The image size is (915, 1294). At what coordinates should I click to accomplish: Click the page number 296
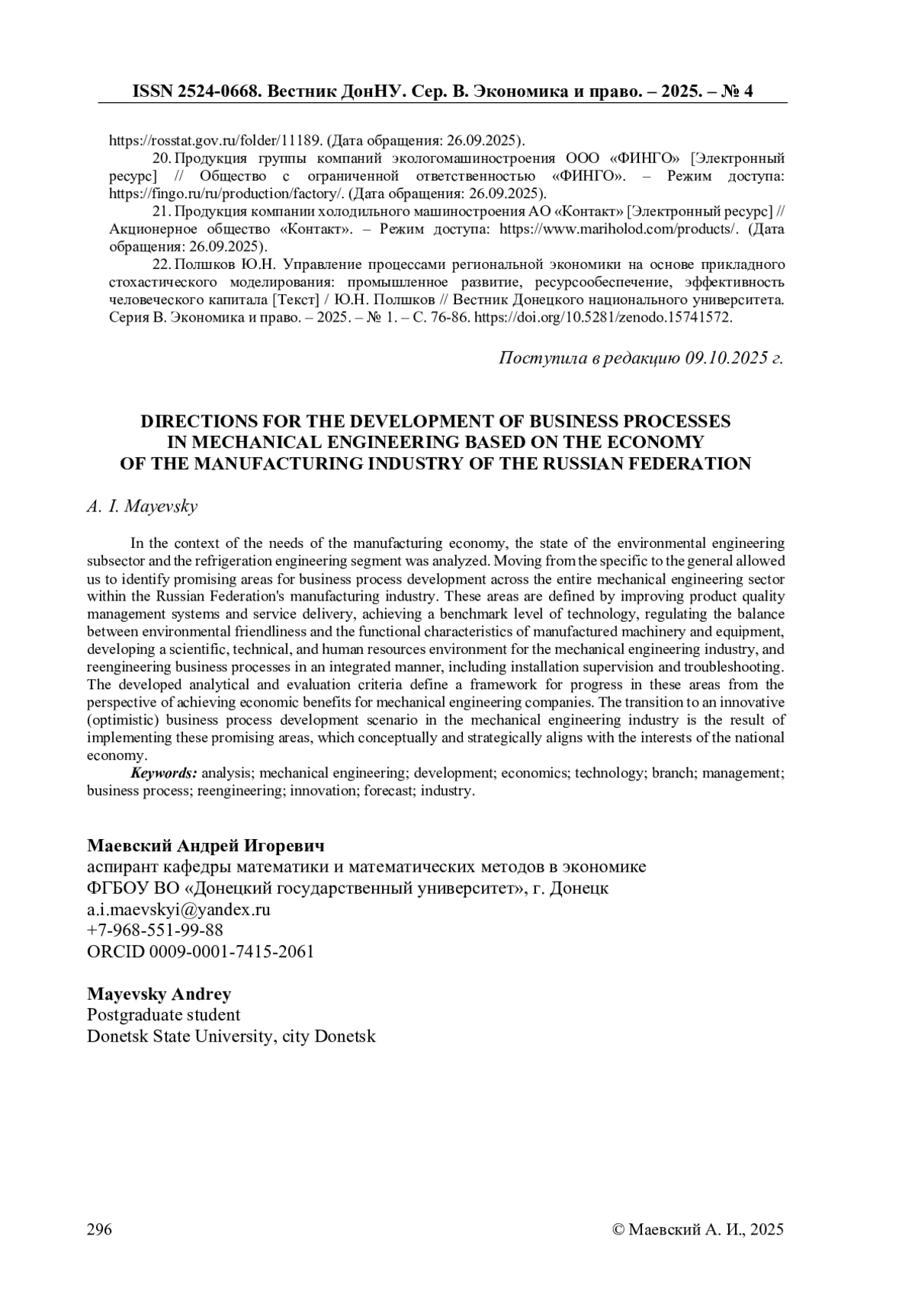[100, 1229]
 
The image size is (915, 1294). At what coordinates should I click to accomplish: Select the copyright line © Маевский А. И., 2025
[698, 1229]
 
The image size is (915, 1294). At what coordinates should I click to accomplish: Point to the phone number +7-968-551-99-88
[155, 930]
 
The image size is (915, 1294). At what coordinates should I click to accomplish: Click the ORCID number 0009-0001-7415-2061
[232, 951]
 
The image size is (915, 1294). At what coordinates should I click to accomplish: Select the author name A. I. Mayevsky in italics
[143, 507]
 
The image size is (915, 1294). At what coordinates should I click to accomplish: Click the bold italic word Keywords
[164, 773]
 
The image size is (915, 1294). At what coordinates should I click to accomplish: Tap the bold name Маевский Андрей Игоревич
[206, 846]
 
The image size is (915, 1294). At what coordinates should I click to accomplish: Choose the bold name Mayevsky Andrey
[159, 994]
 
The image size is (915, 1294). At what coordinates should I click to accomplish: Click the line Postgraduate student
[164, 1015]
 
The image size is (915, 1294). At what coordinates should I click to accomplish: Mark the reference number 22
[161, 264]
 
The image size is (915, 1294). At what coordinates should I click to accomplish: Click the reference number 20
[161, 159]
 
